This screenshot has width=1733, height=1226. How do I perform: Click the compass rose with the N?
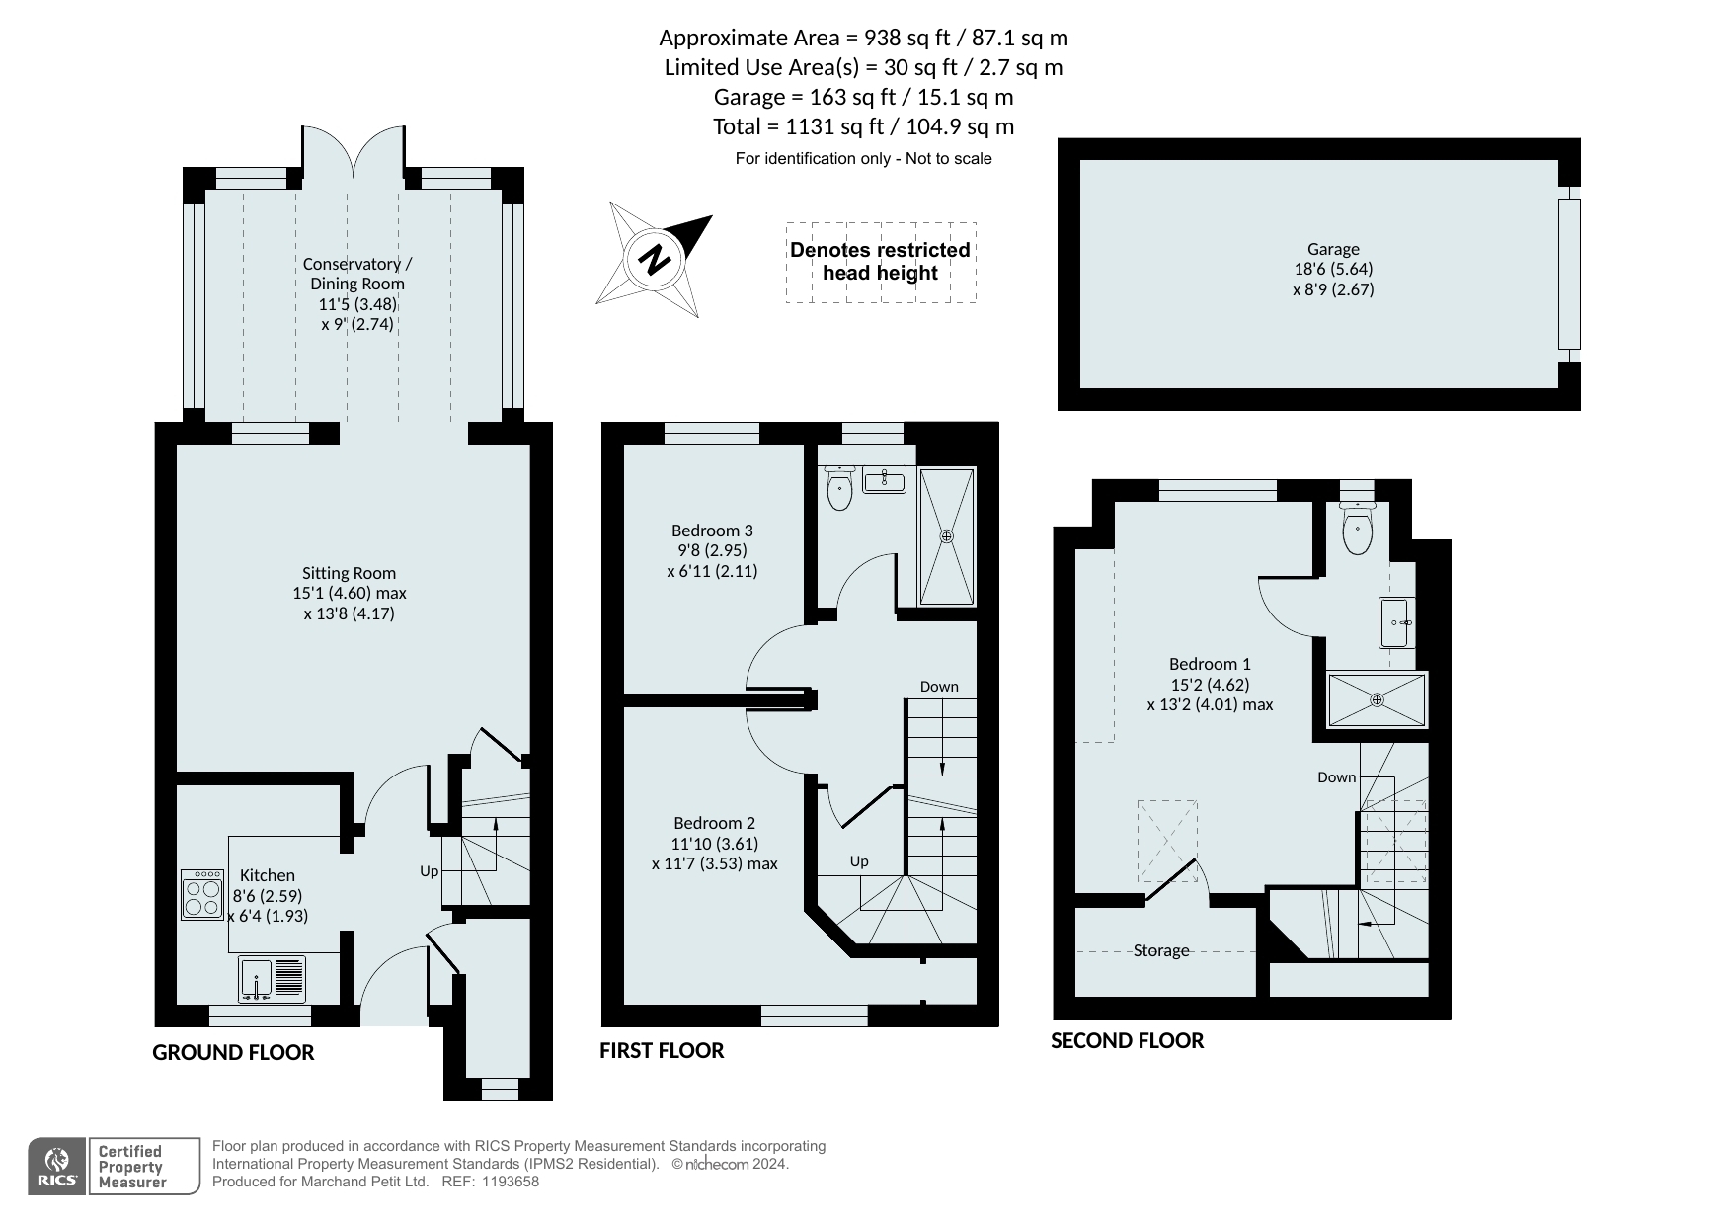(654, 259)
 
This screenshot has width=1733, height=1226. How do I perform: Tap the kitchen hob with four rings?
(202, 894)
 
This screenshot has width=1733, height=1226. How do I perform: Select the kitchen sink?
(272, 979)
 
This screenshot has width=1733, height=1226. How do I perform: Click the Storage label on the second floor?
(1161, 950)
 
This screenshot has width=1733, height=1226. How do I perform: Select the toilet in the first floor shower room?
(839, 488)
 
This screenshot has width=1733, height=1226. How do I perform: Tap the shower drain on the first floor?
(947, 536)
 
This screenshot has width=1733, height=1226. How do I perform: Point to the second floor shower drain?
(1377, 699)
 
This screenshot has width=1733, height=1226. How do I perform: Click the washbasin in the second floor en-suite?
(1397, 622)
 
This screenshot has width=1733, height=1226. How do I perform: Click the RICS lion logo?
(57, 1167)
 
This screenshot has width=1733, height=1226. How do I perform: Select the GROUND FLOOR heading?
(233, 1053)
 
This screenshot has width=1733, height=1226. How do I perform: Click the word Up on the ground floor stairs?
(429, 871)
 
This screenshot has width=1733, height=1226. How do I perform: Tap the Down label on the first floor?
(939, 687)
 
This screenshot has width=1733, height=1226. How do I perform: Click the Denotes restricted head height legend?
(880, 262)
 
